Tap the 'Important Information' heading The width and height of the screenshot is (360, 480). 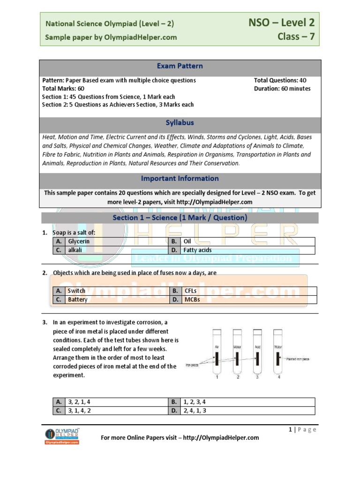click(180, 179)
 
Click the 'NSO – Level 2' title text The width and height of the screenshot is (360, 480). click(281, 22)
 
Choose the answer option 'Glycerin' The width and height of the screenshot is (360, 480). click(79, 241)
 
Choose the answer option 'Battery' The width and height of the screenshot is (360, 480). click(78, 300)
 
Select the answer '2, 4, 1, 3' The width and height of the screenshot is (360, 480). click(197, 411)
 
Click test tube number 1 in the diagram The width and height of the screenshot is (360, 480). click(217, 352)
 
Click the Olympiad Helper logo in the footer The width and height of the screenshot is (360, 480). click(62, 435)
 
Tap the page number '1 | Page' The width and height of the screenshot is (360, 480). click(302, 429)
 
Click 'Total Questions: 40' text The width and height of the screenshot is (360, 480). click(280, 81)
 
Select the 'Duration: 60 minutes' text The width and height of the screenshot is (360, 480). click(282, 89)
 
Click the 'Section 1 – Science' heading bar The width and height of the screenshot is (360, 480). click(180, 218)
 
